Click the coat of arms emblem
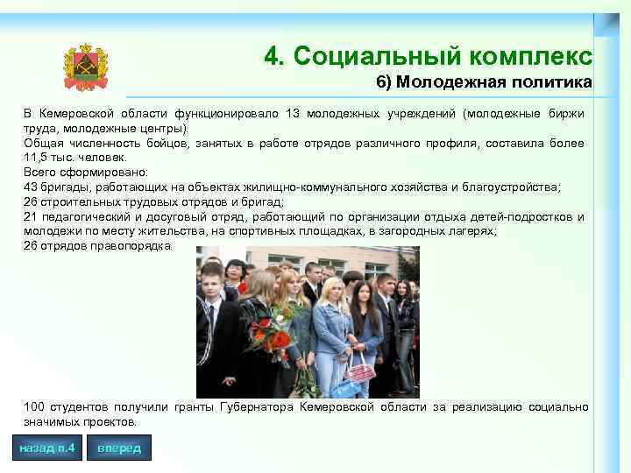pos(85,67)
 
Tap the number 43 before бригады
pos(32,187)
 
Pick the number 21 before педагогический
pos(32,217)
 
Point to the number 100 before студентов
pos(34,407)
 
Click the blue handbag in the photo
pos(343,385)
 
